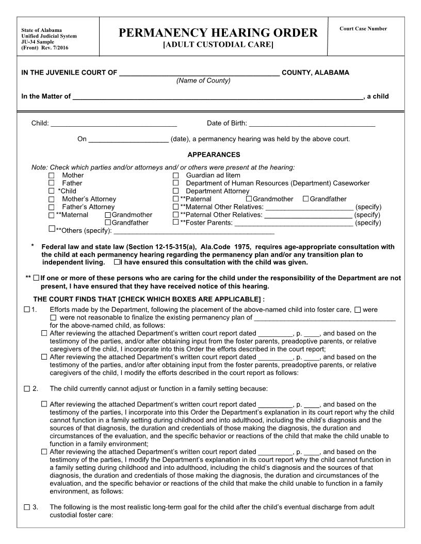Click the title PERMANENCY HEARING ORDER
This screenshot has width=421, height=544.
point(218,33)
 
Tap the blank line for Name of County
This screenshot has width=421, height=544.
point(200,73)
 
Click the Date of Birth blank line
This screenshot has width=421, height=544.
point(312,124)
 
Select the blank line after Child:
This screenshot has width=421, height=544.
point(114,124)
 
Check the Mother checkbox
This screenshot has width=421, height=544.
point(52,175)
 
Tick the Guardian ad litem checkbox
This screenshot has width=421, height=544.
point(175,175)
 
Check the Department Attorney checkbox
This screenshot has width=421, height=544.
point(175,191)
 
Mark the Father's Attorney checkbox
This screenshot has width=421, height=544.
point(52,207)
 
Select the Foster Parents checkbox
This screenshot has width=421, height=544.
point(175,223)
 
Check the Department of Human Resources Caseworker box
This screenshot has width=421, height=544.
point(175,183)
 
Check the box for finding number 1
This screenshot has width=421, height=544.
point(27,310)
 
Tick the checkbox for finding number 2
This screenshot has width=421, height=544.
point(27,388)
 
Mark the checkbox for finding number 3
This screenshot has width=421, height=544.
point(27,507)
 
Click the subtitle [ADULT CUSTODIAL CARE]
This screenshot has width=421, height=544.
point(218,45)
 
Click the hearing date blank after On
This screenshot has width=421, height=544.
point(128,139)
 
